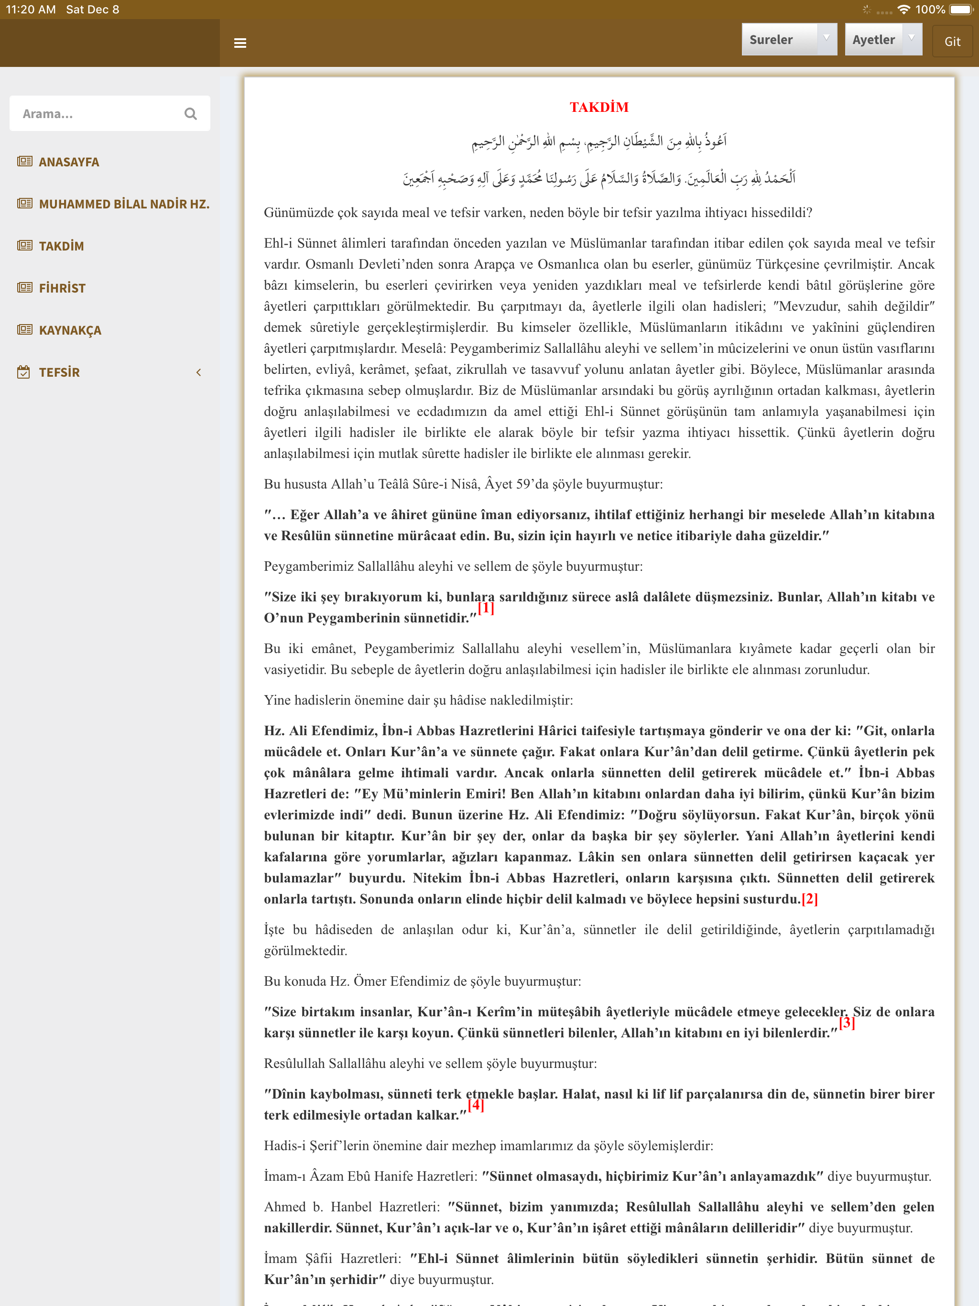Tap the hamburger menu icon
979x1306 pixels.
[240, 43]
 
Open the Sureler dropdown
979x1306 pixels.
[788, 40]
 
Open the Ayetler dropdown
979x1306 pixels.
[883, 40]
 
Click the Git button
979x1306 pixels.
[952, 41]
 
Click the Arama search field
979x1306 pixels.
[98, 113]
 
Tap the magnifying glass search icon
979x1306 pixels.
[190, 113]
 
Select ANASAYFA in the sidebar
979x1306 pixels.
[68, 162]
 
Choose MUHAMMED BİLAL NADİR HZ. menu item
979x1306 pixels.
[124, 204]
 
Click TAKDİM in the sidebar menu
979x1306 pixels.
[61, 246]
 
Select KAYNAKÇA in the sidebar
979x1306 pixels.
[70, 330]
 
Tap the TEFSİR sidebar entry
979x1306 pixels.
[59, 372]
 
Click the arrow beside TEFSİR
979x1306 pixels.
[198, 372]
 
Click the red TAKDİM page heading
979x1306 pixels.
[599, 107]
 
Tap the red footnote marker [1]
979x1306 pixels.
[485, 608]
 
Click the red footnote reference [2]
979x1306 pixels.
[809, 899]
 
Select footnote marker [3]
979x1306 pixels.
[847, 1022]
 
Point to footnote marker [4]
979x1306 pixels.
[476, 1105]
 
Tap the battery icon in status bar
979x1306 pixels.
[961, 10]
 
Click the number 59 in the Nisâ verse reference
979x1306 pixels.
[522, 484]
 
